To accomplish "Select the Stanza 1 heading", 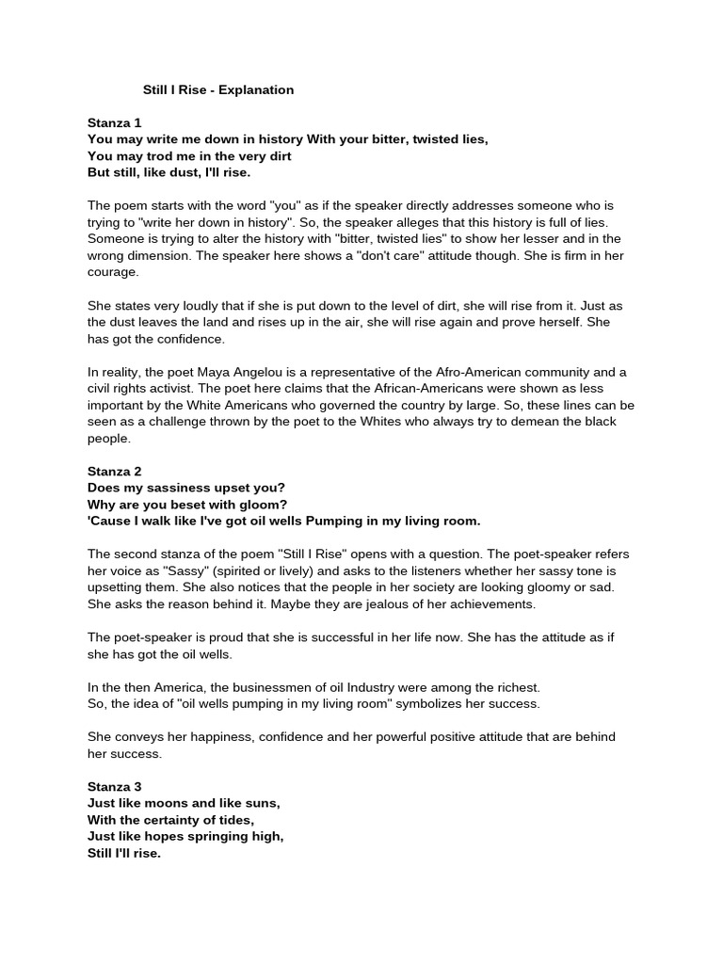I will pos(115,122).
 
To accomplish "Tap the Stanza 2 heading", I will pos(115,471).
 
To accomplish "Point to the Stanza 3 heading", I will pos(115,786).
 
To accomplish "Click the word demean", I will pos(555,422).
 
